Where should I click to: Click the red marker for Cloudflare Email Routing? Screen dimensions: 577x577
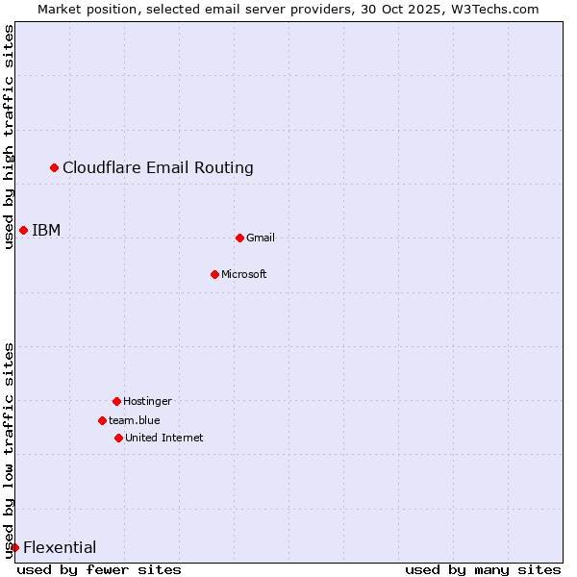(x=55, y=168)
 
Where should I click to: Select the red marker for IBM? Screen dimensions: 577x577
(x=23, y=230)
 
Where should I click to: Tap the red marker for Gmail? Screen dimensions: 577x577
(x=239, y=238)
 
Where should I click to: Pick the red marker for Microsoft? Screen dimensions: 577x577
(x=214, y=274)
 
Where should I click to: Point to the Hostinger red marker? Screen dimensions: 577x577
(x=116, y=401)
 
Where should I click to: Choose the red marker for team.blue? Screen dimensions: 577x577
(x=102, y=420)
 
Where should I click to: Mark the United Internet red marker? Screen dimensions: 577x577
(x=118, y=438)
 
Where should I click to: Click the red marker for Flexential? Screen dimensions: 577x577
(x=14, y=547)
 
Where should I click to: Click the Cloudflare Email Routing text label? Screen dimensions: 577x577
(x=158, y=168)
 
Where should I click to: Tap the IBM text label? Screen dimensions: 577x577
(x=46, y=230)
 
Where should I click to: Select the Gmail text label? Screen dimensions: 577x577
(x=261, y=238)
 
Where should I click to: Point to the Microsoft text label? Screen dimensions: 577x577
(x=244, y=274)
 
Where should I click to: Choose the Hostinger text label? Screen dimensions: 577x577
(x=147, y=401)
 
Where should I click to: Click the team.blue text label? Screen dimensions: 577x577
(x=135, y=420)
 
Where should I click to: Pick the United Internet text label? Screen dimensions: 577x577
(x=164, y=438)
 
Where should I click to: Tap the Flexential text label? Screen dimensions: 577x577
(x=60, y=547)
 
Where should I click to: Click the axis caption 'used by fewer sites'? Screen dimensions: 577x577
(x=99, y=569)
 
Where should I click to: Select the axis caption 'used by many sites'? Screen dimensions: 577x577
(x=483, y=569)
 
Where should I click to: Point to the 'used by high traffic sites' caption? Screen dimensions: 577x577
(x=9, y=137)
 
